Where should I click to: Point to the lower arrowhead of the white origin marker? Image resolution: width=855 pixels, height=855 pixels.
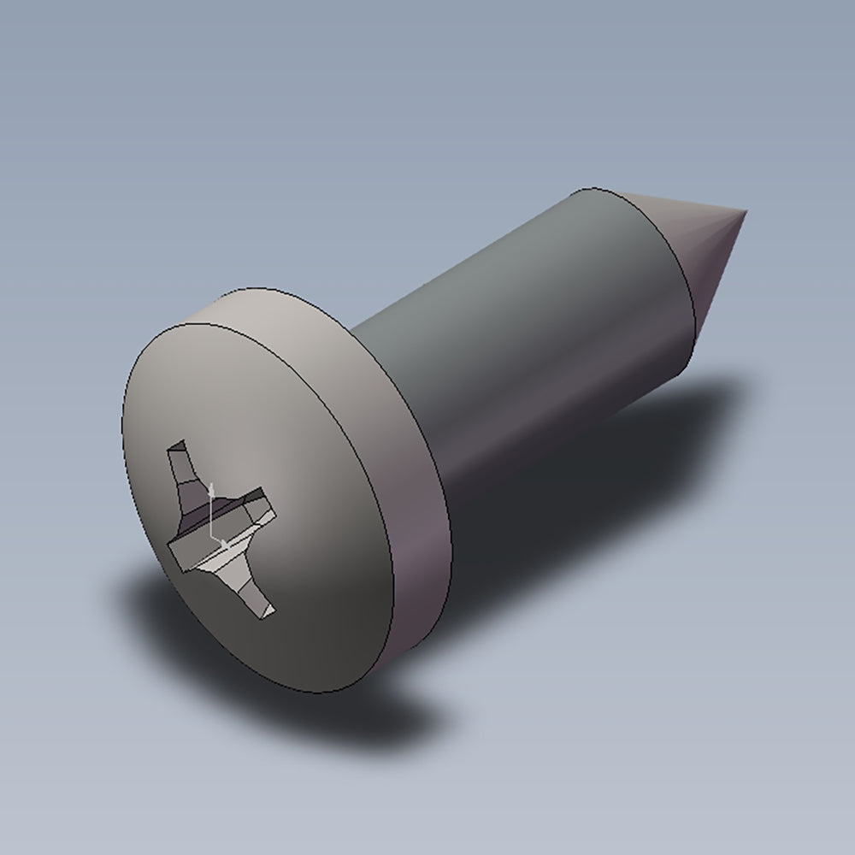click(x=225, y=543)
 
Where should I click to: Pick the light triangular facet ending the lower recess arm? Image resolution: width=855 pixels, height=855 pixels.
click(x=266, y=610)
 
